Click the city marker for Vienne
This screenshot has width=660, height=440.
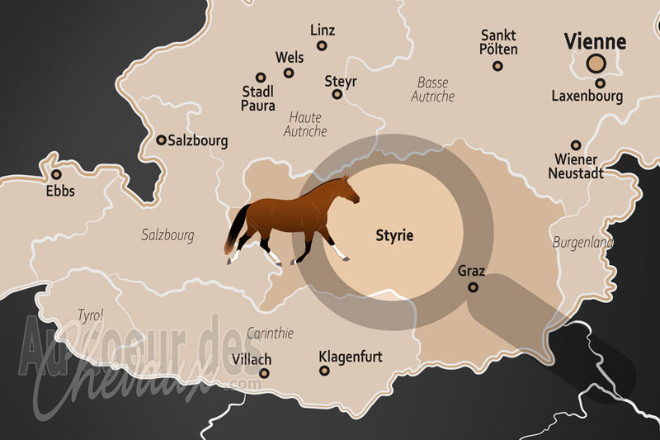(595, 63)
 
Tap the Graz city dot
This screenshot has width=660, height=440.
(473, 287)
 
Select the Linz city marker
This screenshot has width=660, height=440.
(323, 46)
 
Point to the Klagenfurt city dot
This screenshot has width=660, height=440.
(323, 372)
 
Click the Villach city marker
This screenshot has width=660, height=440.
(264, 373)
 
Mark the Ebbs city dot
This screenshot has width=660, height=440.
(56, 174)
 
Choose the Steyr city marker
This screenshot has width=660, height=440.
(337, 94)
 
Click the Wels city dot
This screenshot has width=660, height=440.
(289, 73)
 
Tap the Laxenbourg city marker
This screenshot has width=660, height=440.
(600, 83)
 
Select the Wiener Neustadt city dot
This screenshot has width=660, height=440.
(576, 144)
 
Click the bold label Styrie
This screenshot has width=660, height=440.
(392, 236)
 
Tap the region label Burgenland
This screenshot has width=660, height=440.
(582, 243)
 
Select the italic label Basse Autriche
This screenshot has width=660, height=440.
(432, 89)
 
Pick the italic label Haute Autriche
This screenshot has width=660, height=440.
(305, 124)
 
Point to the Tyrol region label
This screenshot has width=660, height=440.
(90, 315)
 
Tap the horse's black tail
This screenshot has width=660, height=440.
(236, 230)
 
